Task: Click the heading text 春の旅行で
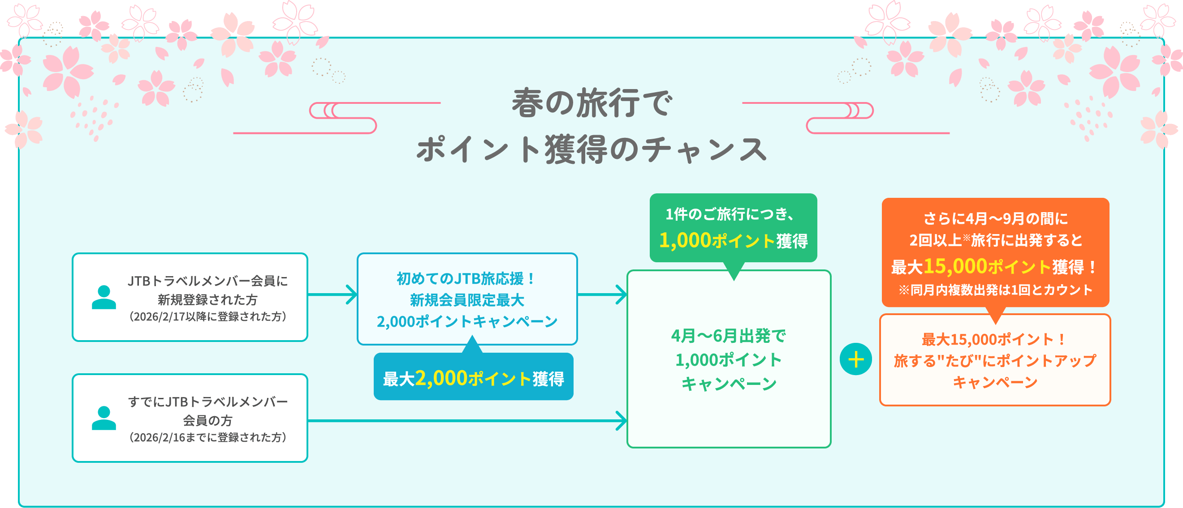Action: click(591, 103)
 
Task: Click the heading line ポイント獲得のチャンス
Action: click(591, 149)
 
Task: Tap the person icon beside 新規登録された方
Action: click(104, 297)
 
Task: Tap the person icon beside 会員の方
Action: click(104, 418)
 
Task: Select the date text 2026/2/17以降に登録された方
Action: click(208, 316)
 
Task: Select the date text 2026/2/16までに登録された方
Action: click(208, 437)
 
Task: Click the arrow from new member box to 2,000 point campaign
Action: click(332, 295)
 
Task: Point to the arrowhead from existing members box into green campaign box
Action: click(621, 421)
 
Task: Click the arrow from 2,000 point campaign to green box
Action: click(603, 295)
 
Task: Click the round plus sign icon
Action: click(855, 359)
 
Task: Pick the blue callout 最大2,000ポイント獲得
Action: click(474, 378)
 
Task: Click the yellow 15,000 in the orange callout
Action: click(955, 266)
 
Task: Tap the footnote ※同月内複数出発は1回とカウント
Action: click(995, 290)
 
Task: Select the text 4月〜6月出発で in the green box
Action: click(729, 336)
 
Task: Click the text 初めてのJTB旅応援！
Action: click(466, 278)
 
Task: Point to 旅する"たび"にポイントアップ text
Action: click(995, 361)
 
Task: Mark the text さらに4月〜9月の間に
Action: click(995, 218)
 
